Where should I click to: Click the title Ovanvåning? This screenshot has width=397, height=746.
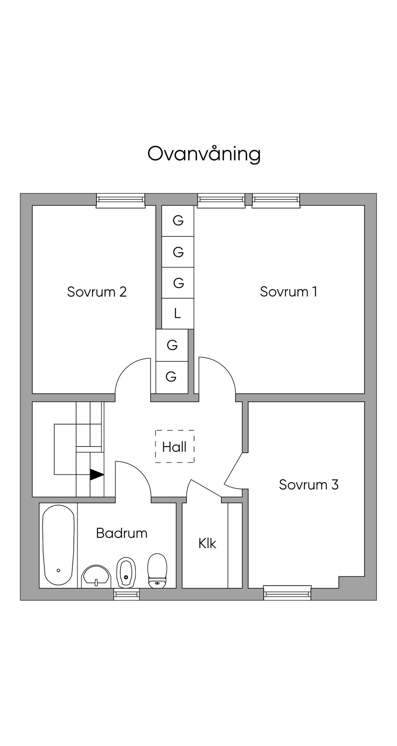[204, 154]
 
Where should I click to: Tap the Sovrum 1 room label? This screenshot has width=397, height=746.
[288, 291]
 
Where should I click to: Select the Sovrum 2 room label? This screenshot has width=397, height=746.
[97, 291]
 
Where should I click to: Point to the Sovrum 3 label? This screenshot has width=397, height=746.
[309, 484]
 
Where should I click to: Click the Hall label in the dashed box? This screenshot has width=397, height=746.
[174, 447]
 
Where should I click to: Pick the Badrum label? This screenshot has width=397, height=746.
[122, 533]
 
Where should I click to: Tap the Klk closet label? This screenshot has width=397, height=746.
[207, 543]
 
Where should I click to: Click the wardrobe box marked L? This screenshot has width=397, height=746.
[178, 314]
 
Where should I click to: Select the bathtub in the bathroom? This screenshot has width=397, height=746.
[58, 545]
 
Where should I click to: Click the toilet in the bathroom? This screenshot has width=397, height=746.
[157, 570]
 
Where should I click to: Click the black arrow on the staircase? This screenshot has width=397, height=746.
[97, 475]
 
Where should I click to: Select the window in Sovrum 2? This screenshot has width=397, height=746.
[121, 200]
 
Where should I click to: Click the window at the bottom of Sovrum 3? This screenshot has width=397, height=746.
[287, 593]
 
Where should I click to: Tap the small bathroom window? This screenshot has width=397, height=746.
[126, 594]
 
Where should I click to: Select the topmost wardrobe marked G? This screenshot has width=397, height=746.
[178, 221]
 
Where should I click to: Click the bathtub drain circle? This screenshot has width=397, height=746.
[59, 570]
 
